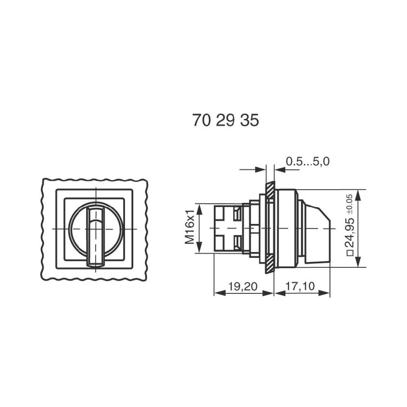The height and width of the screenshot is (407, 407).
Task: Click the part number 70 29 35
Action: [x=225, y=120]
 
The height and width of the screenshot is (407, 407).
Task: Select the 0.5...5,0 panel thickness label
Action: [x=307, y=162]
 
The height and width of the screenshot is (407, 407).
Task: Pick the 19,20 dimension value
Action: [x=243, y=287]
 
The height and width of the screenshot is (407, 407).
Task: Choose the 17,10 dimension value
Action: [x=300, y=287]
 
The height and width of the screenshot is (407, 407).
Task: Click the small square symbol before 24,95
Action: [x=349, y=253]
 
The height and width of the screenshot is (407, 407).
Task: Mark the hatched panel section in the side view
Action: [x=270, y=228]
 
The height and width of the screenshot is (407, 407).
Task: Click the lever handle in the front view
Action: [x=95, y=236]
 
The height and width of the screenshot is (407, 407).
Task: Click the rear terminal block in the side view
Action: [x=226, y=228]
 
